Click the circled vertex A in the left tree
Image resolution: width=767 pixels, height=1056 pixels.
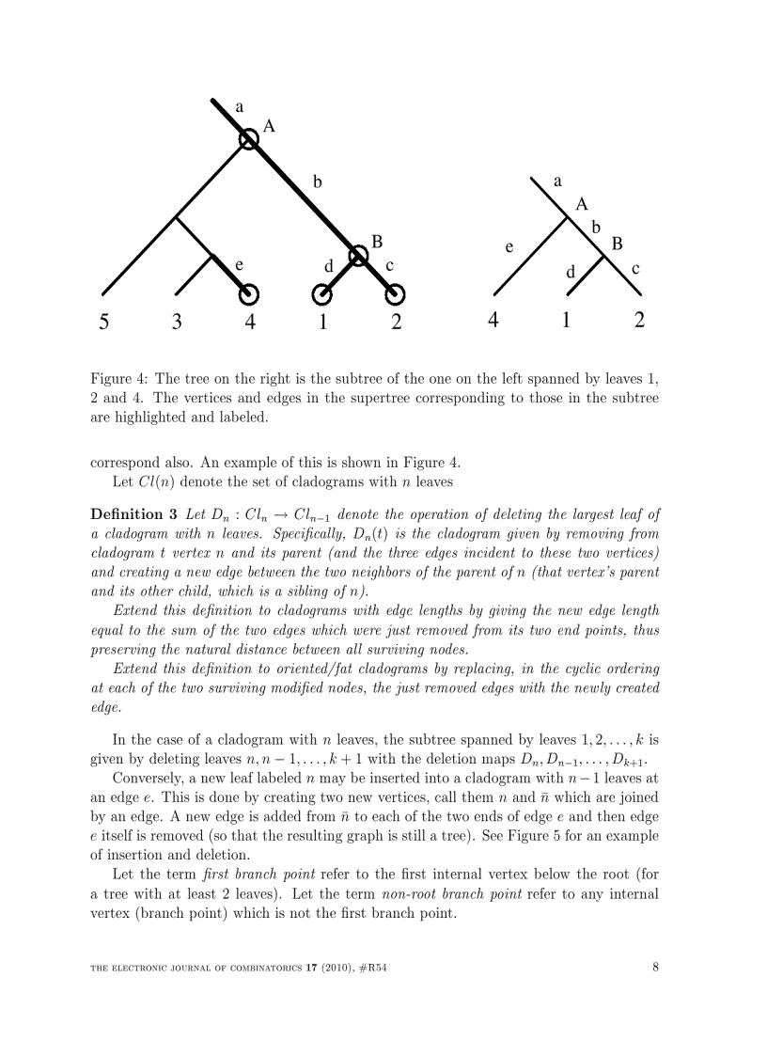pos(247,139)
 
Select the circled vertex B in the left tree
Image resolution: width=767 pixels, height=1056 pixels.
pos(358,256)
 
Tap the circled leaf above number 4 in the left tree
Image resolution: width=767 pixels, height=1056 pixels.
pos(249,295)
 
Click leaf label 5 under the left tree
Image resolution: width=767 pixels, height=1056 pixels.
pos(104,323)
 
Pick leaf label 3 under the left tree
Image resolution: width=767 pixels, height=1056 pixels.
pos(177,323)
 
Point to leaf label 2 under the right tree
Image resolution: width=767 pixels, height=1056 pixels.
pos(639,321)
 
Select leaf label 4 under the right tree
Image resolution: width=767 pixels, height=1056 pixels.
pos(493,321)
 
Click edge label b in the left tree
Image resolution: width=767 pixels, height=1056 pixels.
pos(318,182)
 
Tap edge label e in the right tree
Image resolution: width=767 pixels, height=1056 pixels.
pos(509,247)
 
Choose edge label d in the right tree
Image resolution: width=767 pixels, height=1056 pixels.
pos(570,272)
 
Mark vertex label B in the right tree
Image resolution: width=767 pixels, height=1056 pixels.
pos(618,244)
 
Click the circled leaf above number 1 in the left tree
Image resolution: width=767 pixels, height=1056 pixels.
pos(321,295)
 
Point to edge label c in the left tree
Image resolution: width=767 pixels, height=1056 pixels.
pos(388,265)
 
